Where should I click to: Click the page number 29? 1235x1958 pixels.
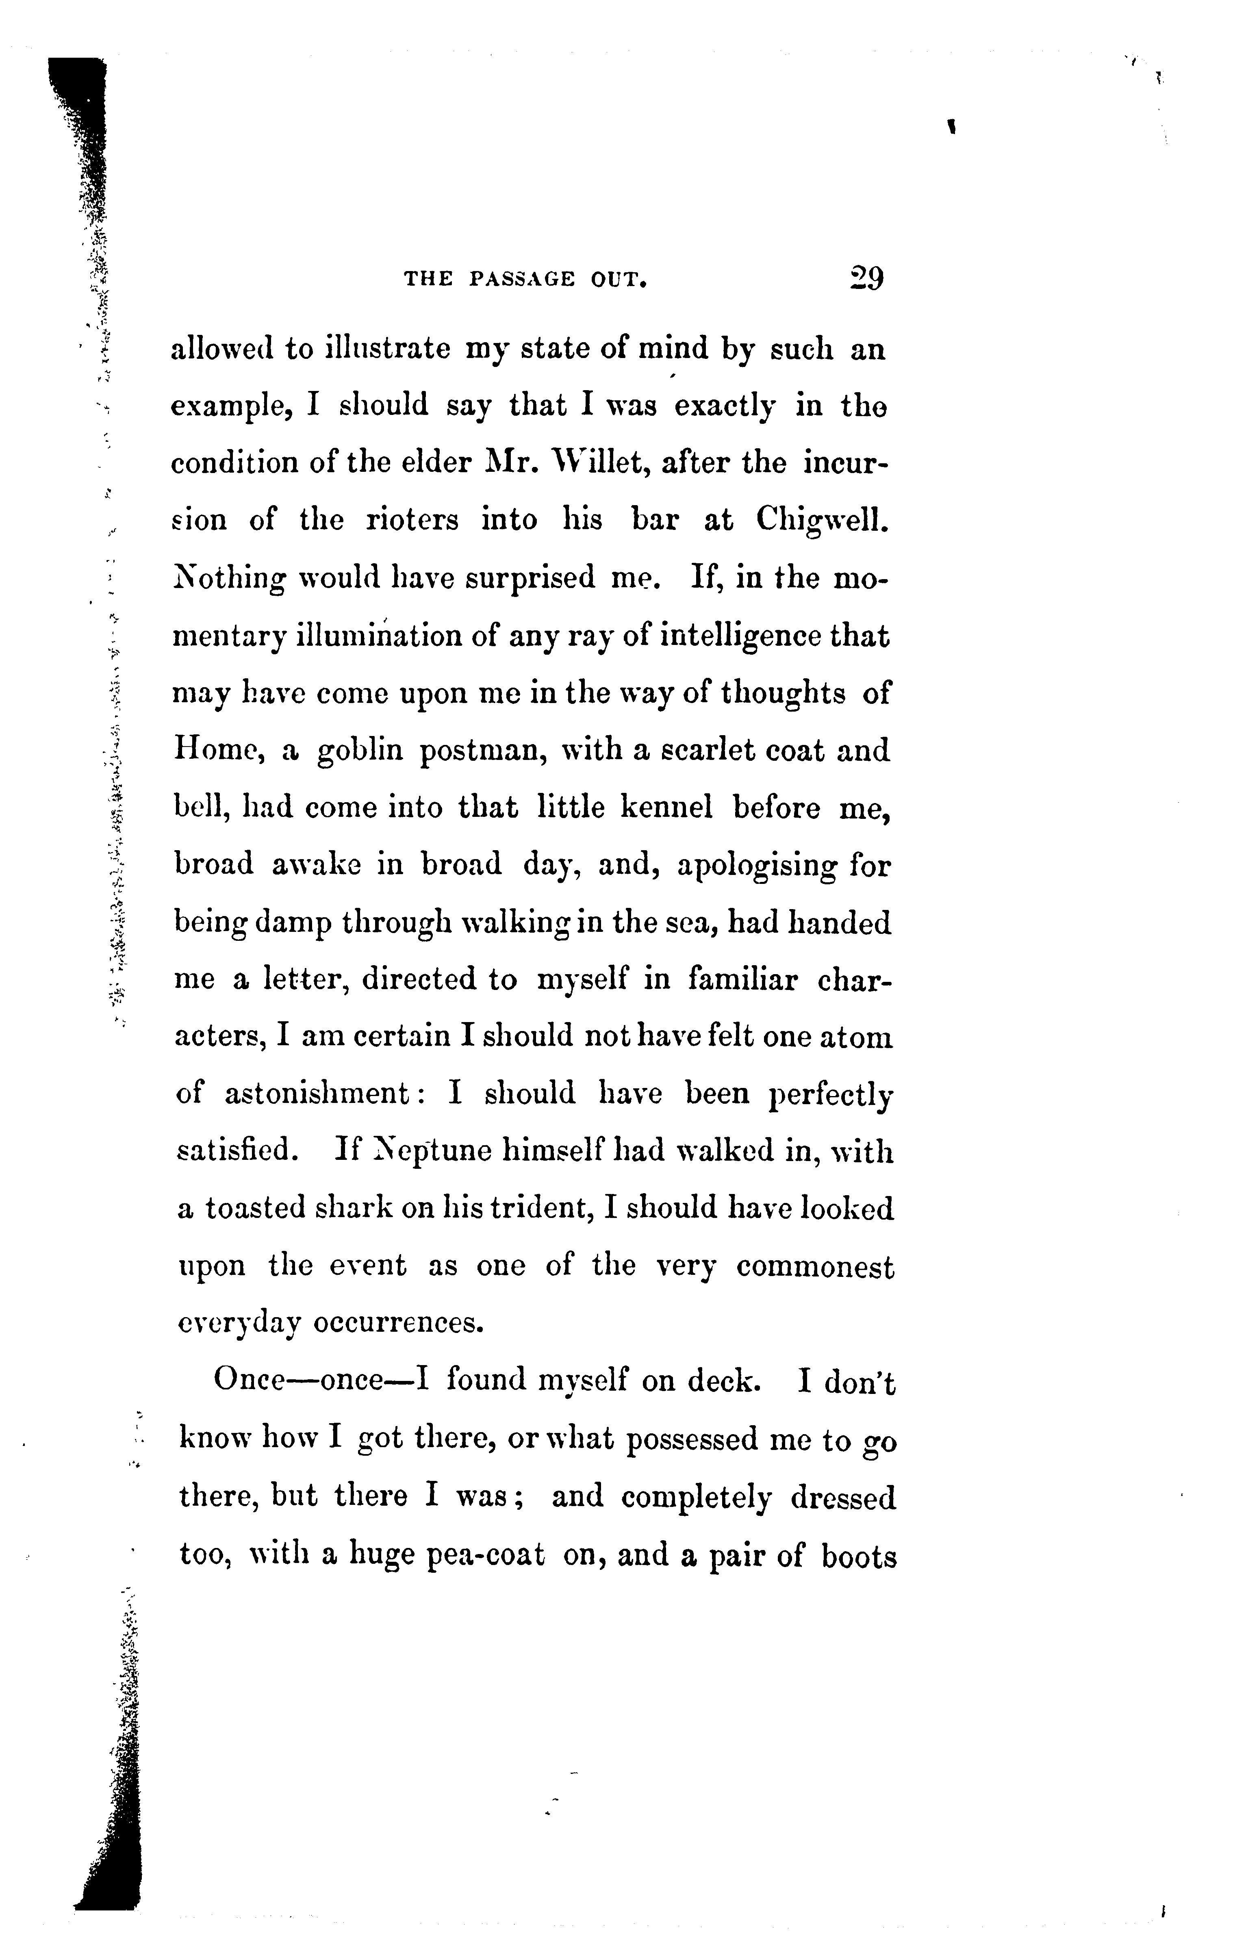point(864,279)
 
